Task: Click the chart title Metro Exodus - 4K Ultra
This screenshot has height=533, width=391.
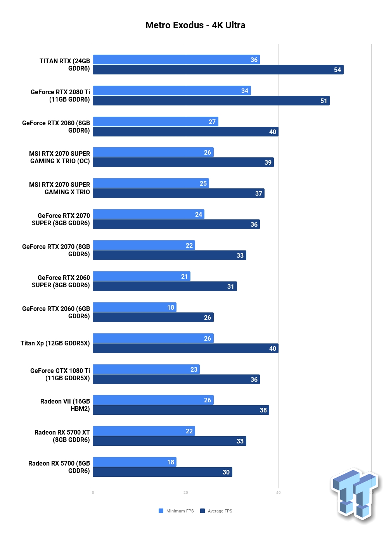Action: (195, 25)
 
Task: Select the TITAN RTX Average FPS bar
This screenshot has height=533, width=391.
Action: (218, 69)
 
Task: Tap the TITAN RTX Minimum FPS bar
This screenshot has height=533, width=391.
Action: (176, 59)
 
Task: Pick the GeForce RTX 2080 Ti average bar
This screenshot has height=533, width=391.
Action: (211, 101)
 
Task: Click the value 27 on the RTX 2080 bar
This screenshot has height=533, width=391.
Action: (212, 122)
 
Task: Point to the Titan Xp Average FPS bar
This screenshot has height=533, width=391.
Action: (186, 348)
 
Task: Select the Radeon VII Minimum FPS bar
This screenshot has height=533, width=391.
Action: (153, 400)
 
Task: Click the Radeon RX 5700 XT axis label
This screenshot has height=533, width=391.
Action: (62, 436)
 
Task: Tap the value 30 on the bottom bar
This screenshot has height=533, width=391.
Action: (226, 472)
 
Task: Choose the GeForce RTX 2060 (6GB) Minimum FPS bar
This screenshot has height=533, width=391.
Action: (135, 307)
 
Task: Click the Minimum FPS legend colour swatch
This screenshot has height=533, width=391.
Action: (161, 511)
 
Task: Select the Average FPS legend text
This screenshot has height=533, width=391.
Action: (220, 511)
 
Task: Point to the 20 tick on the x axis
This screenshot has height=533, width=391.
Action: (186, 493)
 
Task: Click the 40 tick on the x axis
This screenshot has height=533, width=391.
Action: (279, 493)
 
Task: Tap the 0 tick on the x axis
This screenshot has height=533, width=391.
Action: (93, 493)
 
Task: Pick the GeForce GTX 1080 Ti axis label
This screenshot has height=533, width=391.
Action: (60, 374)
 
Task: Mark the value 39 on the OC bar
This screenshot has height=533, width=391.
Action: (268, 162)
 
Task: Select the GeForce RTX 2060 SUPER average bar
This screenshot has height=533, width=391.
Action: (165, 286)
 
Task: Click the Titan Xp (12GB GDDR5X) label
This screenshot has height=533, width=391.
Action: (55, 343)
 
